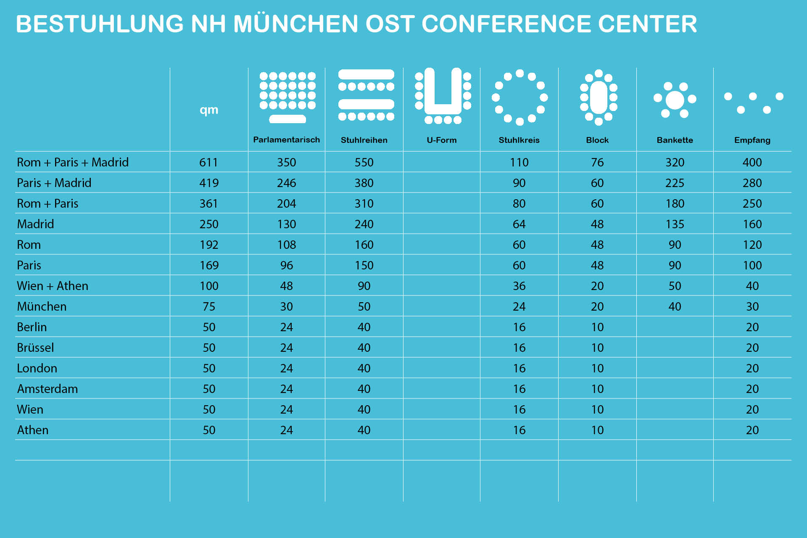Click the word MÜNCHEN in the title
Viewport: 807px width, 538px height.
(x=295, y=24)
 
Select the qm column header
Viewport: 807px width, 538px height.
(x=209, y=110)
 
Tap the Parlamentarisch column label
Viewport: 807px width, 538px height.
(x=286, y=140)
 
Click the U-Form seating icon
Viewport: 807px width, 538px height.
(x=443, y=96)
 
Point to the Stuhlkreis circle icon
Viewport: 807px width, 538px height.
(x=520, y=97)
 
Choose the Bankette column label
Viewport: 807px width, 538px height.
(x=675, y=140)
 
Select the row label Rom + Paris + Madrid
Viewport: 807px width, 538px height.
(x=73, y=162)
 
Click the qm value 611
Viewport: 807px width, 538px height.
(x=208, y=162)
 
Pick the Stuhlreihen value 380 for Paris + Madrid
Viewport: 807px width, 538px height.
(x=364, y=183)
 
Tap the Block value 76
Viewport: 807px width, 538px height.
(x=597, y=162)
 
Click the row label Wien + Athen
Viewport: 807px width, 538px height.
(x=53, y=286)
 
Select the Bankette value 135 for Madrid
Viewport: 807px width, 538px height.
(x=675, y=224)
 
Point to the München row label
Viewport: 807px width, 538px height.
(x=42, y=306)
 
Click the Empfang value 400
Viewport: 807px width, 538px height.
(x=752, y=162)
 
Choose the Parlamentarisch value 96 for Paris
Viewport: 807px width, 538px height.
(x=286, y=265)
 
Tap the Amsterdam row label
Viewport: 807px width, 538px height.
(x=47, y=389)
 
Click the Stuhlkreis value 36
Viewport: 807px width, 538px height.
(x=519, y=286)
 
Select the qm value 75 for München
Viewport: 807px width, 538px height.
(x=209, y=306)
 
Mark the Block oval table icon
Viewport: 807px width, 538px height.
(x=599, y=97)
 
